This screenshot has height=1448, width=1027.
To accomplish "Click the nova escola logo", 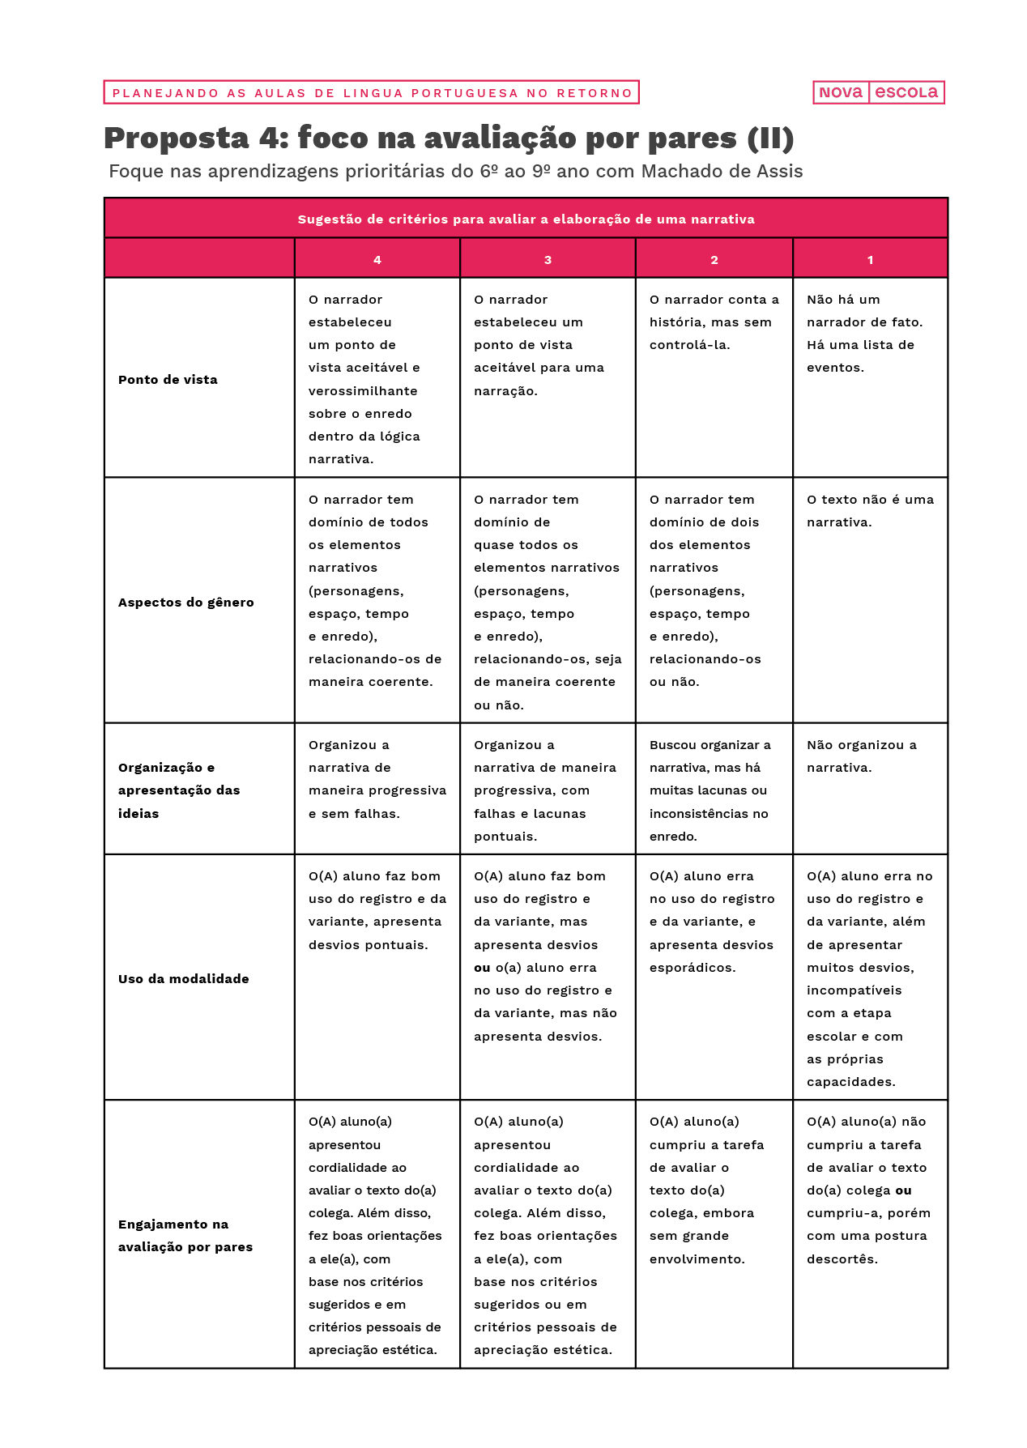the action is (x=879, y=92).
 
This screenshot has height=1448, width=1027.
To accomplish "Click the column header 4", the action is (x=377, y=260).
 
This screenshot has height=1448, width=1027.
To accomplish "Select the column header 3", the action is (x=548, y=260).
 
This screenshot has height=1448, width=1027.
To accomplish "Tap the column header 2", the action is (x=714, y=260).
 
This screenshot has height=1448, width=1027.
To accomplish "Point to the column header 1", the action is (x=870, y=260).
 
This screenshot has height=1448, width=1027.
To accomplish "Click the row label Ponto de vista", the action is (x=168, y=380).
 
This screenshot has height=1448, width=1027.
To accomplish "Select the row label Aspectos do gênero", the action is (x=186, y=603).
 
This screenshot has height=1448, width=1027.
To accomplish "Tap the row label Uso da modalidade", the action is (x=184, y=979).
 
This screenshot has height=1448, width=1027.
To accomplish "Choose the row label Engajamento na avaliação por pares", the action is (x=185, y=1236).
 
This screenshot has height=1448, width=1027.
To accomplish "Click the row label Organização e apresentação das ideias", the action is (x=179, y=790).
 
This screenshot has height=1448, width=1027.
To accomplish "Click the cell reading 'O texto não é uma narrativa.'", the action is (x=870, y=511).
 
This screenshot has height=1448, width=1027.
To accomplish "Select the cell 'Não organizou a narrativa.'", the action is (x=862, y=756).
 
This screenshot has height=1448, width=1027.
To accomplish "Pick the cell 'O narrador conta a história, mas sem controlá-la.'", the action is (x=714, y=322).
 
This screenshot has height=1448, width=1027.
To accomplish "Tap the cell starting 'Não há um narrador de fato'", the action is (x=864, y=334).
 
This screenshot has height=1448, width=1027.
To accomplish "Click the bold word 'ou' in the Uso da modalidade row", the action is (x=482, y=968).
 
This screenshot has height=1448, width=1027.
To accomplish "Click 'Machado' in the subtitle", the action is (x=677, y=172).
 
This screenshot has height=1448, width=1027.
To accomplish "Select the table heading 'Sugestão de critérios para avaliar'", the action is (x=526, y=219).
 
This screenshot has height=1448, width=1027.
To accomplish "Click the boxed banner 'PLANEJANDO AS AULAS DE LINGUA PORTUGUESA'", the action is (x=372, y=93).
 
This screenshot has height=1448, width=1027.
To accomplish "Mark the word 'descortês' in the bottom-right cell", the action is (x=842, y=1259).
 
